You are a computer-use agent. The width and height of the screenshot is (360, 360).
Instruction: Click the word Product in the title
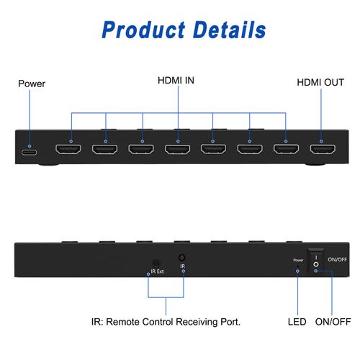[143, 30]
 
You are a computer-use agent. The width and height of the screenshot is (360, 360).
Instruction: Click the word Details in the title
[229, 30]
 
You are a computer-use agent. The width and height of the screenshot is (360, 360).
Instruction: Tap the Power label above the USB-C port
[32, 84]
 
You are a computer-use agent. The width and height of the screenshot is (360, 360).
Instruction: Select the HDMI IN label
[176, 81]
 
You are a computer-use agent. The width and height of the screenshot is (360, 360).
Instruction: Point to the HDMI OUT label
[320, 82]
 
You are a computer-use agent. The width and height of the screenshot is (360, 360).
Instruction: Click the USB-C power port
[30, 153]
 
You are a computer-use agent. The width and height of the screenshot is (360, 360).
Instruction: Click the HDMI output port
[323, 149]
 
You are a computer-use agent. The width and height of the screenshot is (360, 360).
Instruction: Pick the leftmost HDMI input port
[68, 149]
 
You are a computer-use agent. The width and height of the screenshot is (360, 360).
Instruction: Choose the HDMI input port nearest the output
[287, 149]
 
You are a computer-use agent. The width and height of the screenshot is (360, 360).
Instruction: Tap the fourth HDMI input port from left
[177, 149]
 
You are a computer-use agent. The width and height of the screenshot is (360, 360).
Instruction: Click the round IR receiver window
[182, 258]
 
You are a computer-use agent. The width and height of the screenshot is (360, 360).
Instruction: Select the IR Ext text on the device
[157, 271]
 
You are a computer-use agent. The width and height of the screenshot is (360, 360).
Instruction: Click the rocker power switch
[316, 261]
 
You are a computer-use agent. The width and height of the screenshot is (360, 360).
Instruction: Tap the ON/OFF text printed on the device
[337, 259]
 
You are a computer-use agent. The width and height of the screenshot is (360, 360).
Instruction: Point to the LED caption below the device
[297, 322]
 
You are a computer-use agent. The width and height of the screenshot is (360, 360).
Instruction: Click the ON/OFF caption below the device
[333, 322]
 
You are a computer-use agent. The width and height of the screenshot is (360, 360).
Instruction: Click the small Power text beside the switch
[298, 260]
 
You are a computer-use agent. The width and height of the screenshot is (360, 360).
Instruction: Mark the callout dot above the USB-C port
[30, 146]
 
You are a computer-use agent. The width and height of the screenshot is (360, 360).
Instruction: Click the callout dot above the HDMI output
[321, 141]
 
